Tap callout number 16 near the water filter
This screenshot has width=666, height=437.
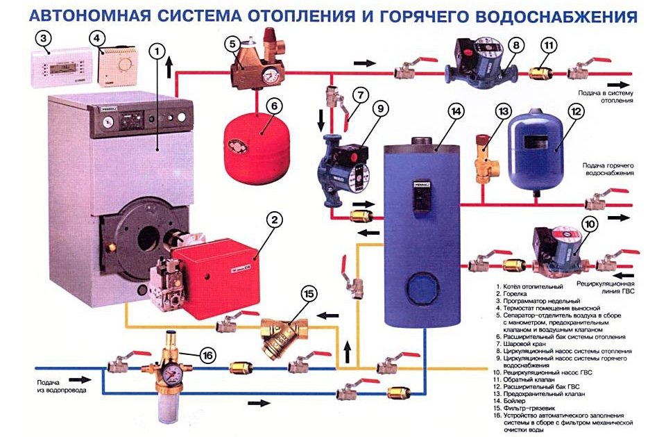[x=206, y=355]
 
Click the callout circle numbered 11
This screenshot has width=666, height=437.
[x=548, y=47]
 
